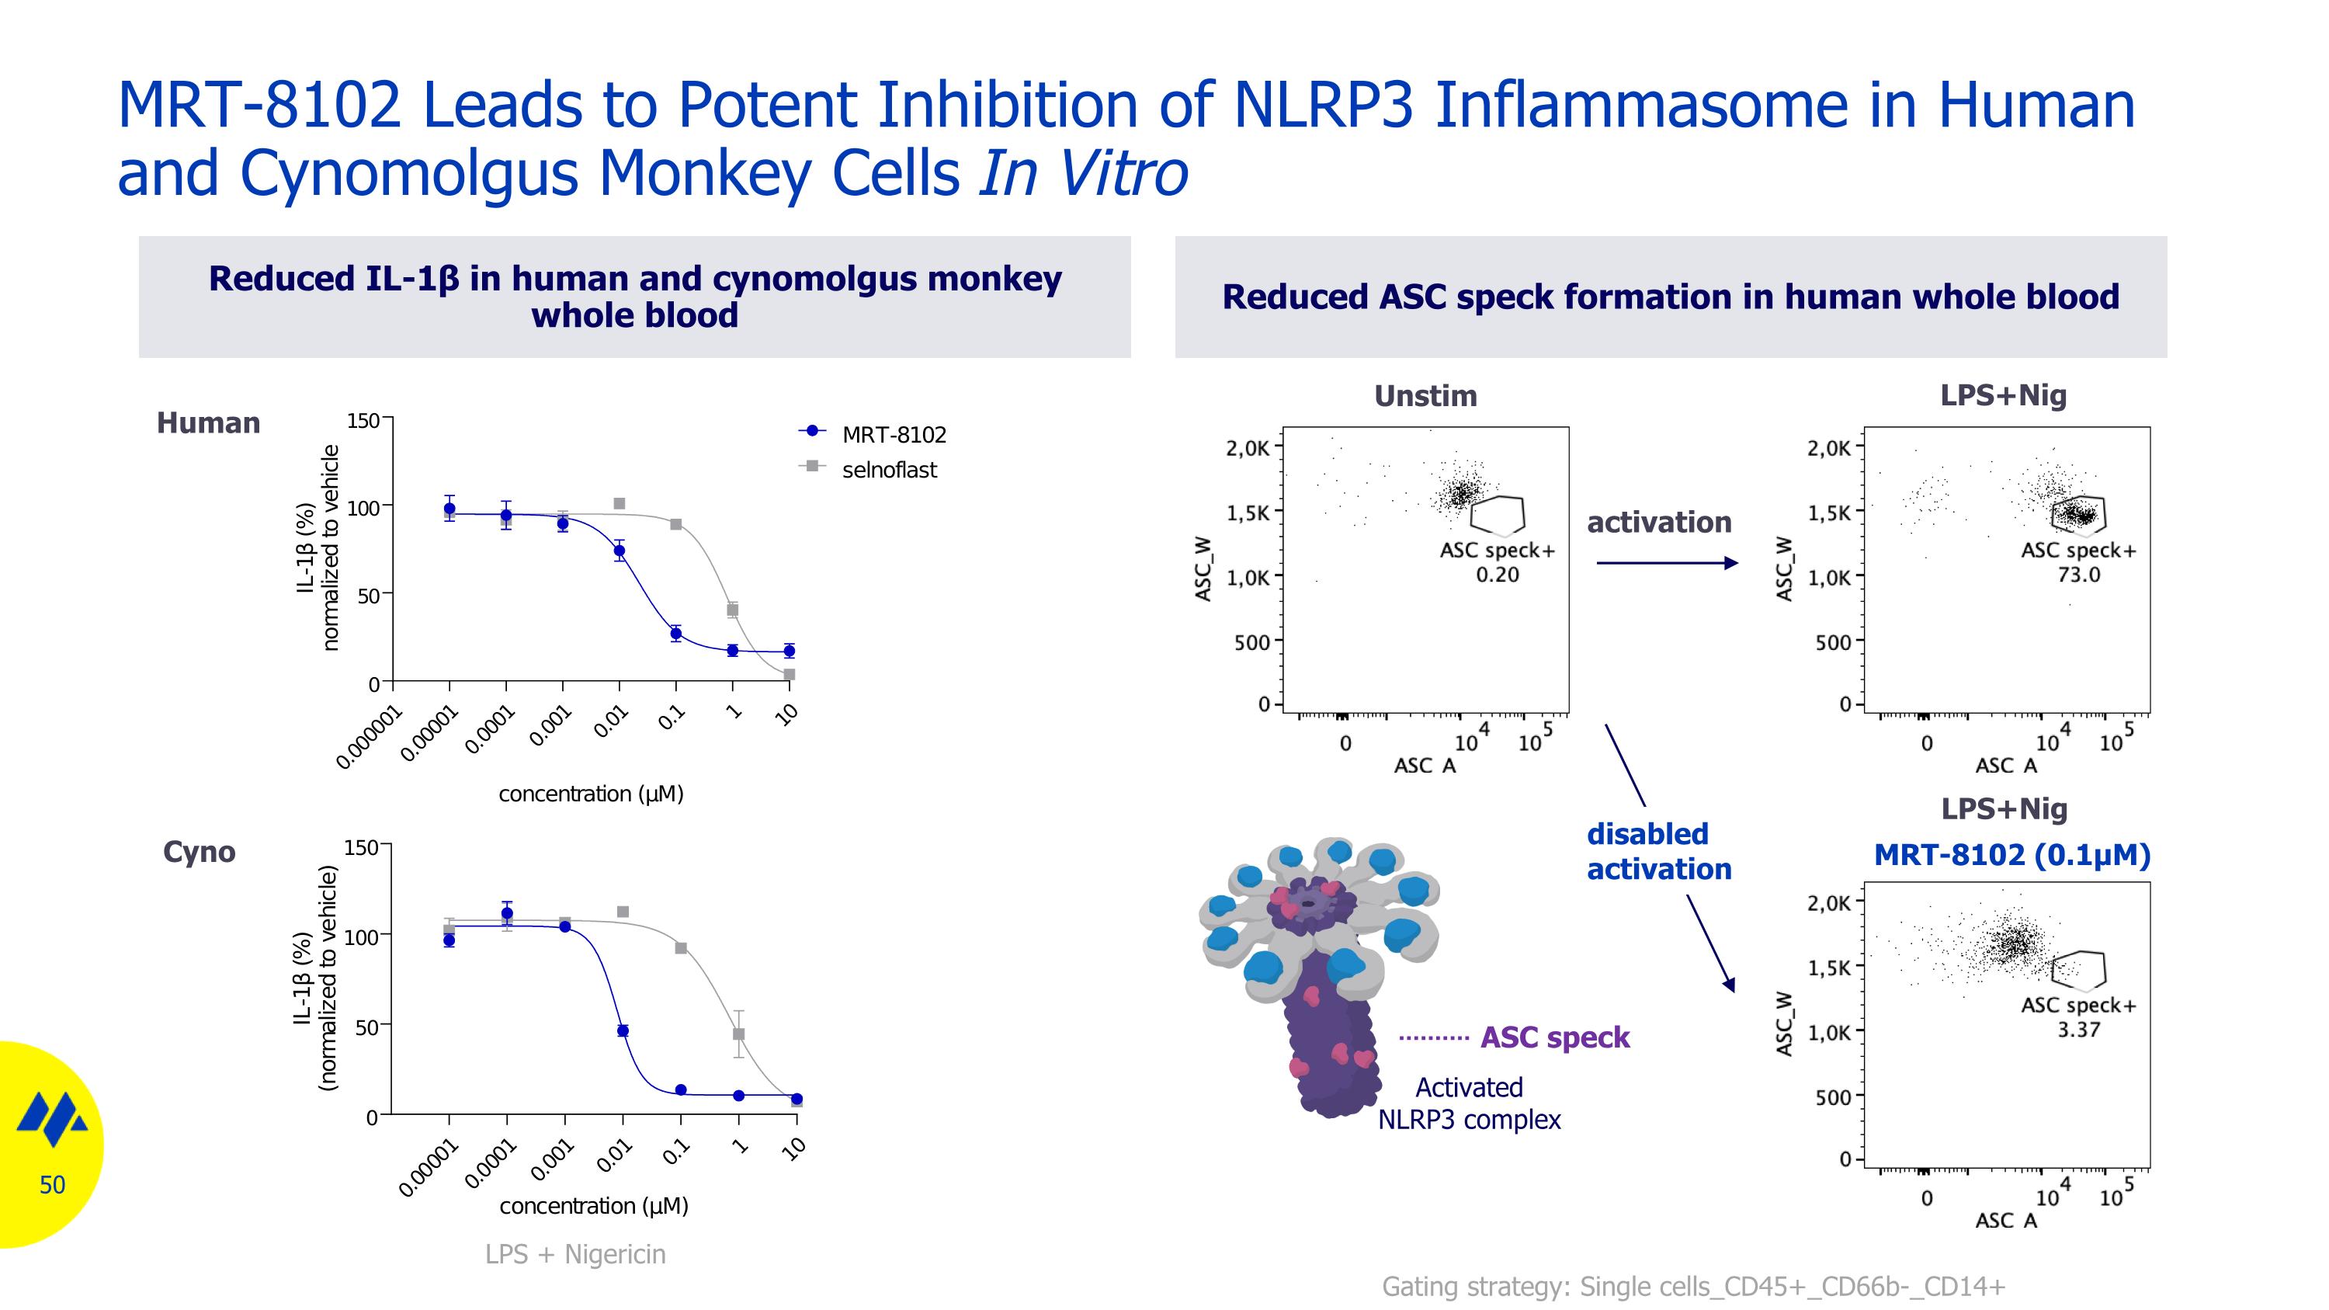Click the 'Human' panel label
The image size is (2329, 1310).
208,423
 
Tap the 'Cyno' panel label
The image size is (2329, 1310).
199,852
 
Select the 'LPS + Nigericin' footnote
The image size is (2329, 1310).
575,1255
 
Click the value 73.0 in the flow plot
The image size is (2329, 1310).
2078,575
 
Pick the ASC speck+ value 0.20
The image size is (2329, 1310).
1498,575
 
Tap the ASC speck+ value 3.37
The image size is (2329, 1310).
2078,1030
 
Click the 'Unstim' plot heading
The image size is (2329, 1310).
1425,396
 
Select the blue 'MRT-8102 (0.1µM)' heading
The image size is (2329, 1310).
2011,854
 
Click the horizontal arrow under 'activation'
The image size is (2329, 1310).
1666,563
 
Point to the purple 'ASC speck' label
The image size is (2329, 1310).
1554,1037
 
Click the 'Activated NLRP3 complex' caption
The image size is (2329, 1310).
1469,1103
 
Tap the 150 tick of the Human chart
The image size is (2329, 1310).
363,420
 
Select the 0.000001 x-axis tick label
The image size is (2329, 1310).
369,738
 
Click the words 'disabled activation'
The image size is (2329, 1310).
1658,852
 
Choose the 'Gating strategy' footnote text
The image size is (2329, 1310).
1692,1287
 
